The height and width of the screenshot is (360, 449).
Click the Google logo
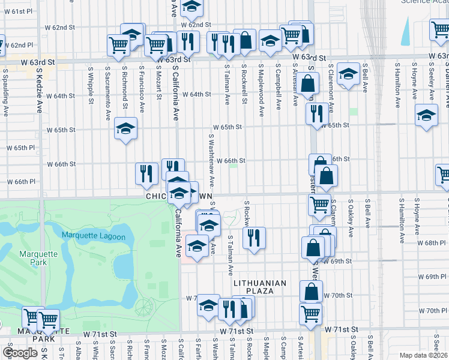click(20, 353)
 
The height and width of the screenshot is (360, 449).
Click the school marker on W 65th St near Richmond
click(126, 128)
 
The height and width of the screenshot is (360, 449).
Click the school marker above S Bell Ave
click(348, 74)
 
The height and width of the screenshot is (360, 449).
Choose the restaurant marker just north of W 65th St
click(315, 114)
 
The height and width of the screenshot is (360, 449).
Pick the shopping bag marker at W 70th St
click(311, 293)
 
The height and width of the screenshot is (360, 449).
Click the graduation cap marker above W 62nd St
click(191, 7)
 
